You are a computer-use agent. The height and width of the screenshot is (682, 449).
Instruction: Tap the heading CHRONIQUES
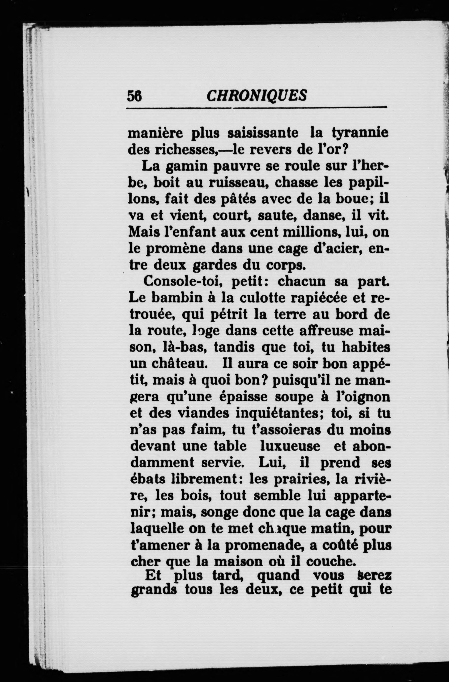257,95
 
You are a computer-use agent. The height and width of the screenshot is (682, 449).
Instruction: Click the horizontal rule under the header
257,108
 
